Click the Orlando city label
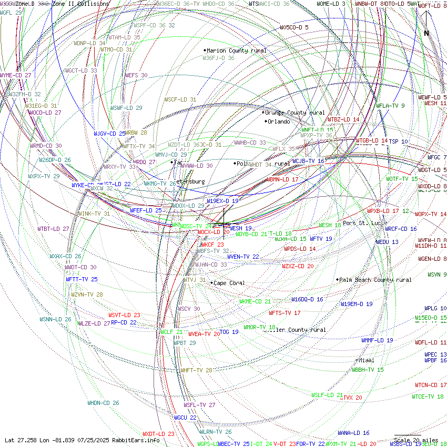click(279, 121)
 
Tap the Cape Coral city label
click(229, 283)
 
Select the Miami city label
click(367, 360)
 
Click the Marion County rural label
click(236, 50)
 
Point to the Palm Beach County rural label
click(375, 280)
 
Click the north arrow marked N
click(426, 33)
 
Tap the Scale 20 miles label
click(416, 440)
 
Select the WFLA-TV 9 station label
click(390, 106)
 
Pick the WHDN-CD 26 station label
click(103, 403)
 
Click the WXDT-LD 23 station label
click(158, 434)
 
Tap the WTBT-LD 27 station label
click(53, 229)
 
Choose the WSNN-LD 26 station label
click(55, 319)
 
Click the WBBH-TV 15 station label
click(368, 370)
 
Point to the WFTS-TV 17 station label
click(285, 313)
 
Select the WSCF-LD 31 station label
click(180, 99)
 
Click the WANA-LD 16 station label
click(353, 433)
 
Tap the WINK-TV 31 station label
click(95, 214)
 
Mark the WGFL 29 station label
click(11, 12)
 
